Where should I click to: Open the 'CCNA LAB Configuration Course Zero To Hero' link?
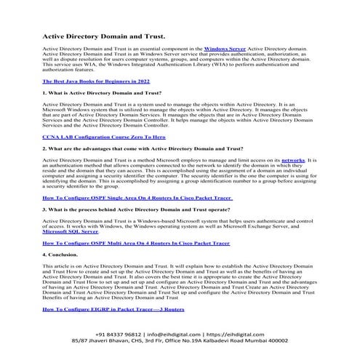104,137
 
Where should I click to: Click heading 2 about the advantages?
143,148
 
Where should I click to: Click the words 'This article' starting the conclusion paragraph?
58,268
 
